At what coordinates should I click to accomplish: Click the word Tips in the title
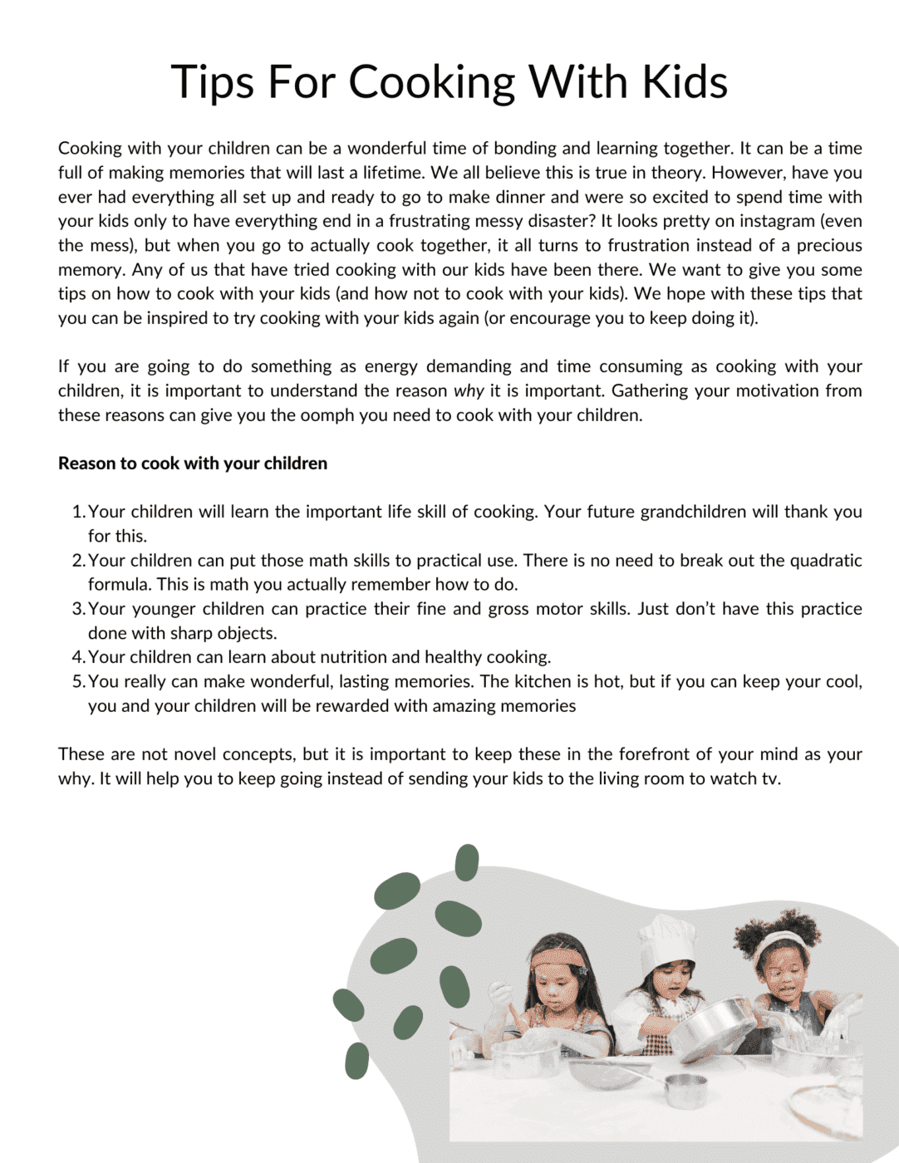(212, 82)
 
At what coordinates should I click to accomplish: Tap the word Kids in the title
(685, 82)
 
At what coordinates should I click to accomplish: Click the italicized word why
(468, 390)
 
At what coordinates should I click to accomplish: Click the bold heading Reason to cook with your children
(193, 463)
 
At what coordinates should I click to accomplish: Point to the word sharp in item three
(185, 633)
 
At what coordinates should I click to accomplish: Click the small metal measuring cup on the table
(685, 1089)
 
